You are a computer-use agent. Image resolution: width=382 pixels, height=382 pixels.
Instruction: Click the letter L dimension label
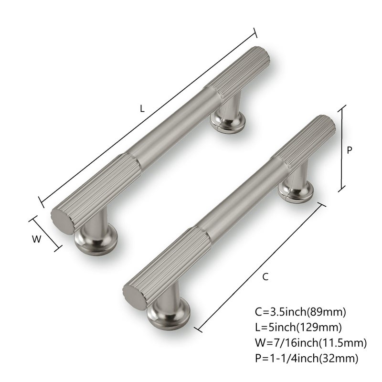(x=142, y=108)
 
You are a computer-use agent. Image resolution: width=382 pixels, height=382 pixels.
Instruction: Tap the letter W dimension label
(x=37, y=239)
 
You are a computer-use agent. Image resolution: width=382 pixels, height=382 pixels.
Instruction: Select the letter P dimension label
(x=350, y=150)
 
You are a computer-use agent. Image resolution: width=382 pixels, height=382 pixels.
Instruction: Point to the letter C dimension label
(x=265, y=277)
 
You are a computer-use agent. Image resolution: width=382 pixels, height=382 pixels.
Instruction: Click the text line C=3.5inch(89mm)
(x=300, y=312)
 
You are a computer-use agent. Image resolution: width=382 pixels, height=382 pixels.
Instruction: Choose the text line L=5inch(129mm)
(x=298, y=328)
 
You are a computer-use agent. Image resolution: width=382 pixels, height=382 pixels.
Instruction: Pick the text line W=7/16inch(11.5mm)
(x=311, y=343)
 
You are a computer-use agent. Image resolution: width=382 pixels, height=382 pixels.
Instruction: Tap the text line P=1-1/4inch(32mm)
(x=307, y=359)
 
